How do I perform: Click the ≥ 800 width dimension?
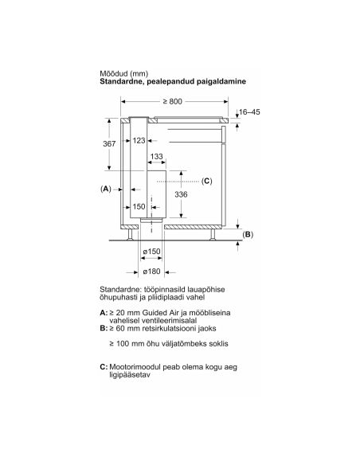point(172,101)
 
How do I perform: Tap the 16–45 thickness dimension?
point(249,111)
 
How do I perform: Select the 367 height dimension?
point(109,144)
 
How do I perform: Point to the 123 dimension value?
point(139,140)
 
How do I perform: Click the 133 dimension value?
point(157,156)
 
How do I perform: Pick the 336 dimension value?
point(181,194)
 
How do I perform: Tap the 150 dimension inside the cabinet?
point(139,207)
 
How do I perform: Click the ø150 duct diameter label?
point(151,252)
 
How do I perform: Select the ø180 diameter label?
point(151,272)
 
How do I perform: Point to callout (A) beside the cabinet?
point(106,189)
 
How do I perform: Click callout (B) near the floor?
point(248,235)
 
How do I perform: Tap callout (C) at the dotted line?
point(207,181)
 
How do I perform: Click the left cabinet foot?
point(131,234)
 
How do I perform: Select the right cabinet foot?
point(213,234)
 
